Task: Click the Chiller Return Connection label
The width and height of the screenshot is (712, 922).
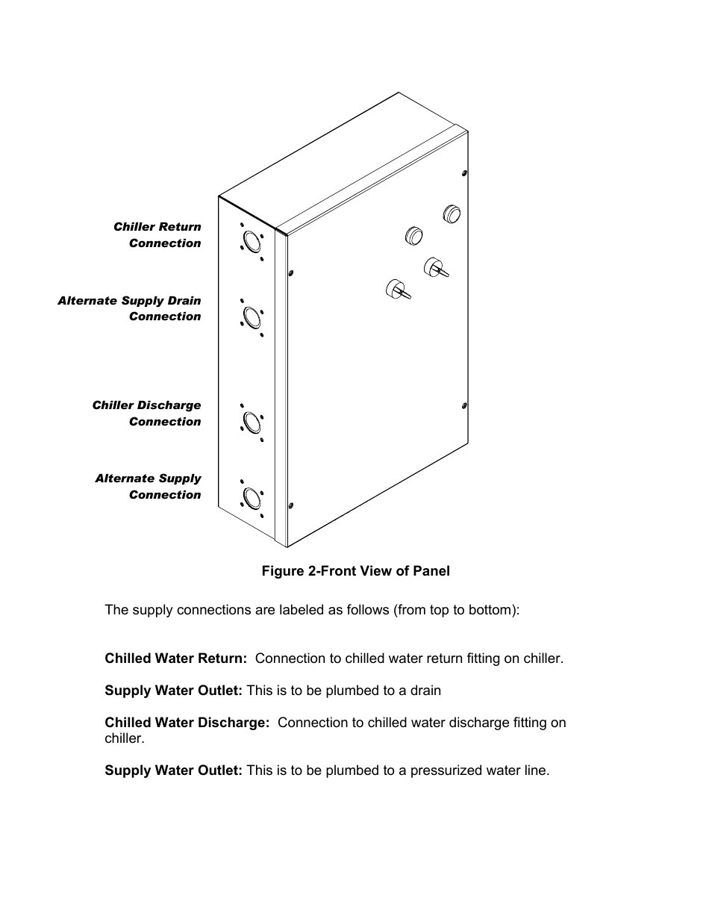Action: tap(157, 234)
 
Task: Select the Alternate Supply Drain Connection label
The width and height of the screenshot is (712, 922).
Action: tap(129, 308)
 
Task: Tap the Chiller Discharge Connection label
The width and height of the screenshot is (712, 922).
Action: tap(147, 413)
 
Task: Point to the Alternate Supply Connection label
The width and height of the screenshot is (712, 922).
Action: tap(149, 486)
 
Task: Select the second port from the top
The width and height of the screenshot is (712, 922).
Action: tap(252, 317)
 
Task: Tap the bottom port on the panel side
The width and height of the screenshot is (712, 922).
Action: tap(252, 498)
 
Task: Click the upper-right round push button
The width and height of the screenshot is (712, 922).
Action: tap(452, 214)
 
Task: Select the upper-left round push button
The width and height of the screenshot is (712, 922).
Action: tap(414, 235)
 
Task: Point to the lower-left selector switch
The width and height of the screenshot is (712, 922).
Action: tap(396, 289)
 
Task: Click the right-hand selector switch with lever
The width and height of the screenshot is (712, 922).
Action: tap(435, 267)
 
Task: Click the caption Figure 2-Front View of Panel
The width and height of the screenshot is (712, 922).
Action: tap(355, 571)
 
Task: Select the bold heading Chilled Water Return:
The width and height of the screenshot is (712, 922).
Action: tap(175, 658)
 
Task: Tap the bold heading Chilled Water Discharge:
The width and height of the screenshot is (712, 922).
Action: tap(187, 723)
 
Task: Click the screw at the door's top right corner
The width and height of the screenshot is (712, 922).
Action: tap(465, 173)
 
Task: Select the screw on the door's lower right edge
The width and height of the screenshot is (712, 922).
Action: tap(464, 406)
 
